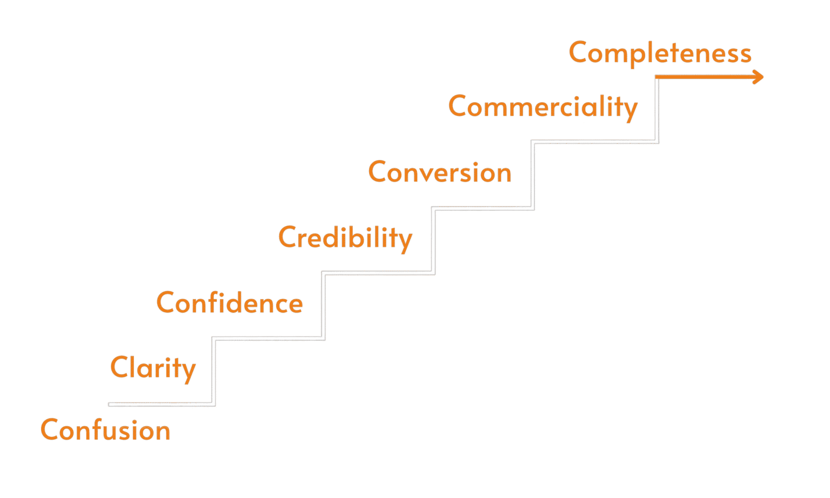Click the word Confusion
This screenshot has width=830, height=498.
pos(105,430)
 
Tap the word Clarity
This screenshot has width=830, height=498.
pos(152,368)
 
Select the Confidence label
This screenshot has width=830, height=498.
pos(229,303)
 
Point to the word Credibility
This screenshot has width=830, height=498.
pos(345,238)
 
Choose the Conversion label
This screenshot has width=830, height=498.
pos(439,172)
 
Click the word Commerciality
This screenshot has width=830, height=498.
pos(543,106)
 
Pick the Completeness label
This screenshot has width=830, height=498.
pos(660,53)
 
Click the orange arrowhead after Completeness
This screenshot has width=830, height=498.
pos(758,77)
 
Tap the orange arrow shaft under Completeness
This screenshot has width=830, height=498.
pos(702,77)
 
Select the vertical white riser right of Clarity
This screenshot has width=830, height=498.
pos(213,372)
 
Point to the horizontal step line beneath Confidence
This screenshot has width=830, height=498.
pos(269,339)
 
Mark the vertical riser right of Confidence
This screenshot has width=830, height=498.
pos(323,306)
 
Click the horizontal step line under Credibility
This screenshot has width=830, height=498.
pos(378,273)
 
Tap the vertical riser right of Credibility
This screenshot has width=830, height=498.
pos(433,241)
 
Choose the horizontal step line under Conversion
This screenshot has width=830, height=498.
pos(483,208)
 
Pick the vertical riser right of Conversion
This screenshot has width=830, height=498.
pos(532,175)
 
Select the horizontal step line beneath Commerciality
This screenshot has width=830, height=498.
pos(594,142)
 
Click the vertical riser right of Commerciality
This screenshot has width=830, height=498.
pos(657,110)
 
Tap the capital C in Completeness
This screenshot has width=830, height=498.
pos(579,52)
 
